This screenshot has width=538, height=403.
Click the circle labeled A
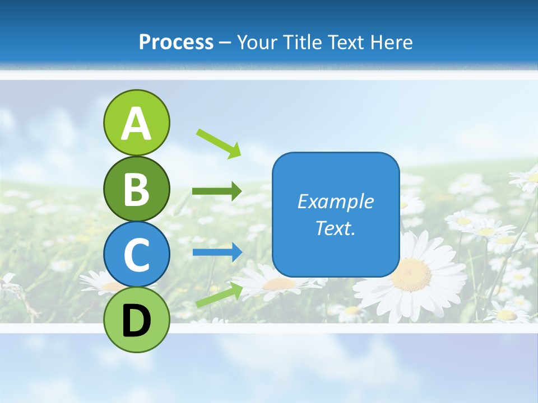(x=136, y=123)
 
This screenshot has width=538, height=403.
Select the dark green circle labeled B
(x=136, y=189)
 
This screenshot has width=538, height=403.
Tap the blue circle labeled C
(x=136, y=254)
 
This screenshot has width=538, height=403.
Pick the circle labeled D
(x=136, y=320)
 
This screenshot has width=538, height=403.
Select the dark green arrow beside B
(x=217, y=191)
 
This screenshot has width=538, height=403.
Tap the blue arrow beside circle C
(x=217, y=252)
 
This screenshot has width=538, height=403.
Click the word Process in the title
(x=176, y=42)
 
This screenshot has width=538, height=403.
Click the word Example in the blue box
(x=335, y=201)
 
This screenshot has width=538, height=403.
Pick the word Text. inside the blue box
(x=335, y=228)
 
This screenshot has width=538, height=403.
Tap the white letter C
(x=136, y=255)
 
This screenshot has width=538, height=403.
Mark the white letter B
(x=136, y=189)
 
